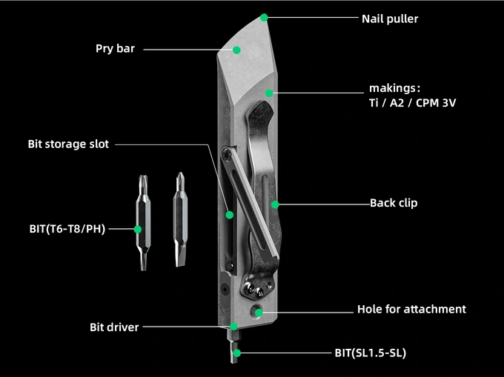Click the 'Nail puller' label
point(389,19)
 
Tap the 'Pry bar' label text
point(115,49)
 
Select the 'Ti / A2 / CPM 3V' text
point(413,103)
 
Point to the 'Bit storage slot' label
point(68,144)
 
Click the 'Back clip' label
point(394,202)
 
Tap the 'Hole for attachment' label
point(411,309)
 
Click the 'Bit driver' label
point(114,327)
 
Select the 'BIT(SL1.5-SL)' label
point(370,353)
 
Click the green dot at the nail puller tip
point(264,16)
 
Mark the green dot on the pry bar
point(237,50)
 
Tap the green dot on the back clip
point(275,203)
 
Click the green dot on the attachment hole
point(259,312)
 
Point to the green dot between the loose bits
point(139,229)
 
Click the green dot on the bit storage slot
point(230,215)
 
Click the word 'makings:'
point(395,87)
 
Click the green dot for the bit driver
point(233,327)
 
